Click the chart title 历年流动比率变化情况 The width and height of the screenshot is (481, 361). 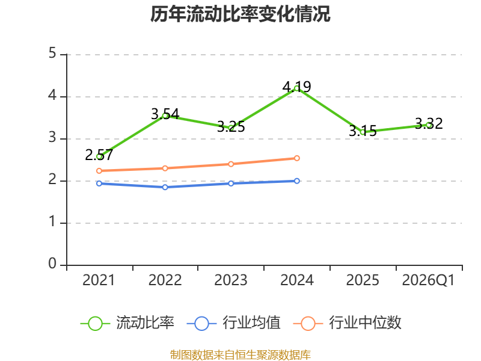[240, 14]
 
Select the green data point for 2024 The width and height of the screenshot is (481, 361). [296, 88]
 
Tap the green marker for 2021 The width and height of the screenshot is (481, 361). [99, 157]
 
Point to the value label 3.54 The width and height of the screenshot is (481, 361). [165, 114]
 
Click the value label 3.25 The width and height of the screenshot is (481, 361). [231, 126]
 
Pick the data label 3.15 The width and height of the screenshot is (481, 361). [363, 131]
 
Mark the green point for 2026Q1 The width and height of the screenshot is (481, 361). [429, 125]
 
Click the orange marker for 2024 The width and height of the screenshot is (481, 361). [296, 158]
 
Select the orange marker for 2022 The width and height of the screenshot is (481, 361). [165, 168]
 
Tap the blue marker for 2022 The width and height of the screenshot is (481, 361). [165, 187]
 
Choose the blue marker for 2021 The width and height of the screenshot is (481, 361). [99, 184]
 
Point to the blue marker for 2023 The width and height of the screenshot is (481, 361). [231, 184]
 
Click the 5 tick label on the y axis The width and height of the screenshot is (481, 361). [52, 53]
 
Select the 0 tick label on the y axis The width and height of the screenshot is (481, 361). [52, 264]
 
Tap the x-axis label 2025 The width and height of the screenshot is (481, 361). [363, 280]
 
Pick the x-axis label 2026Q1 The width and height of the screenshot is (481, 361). [428, 280]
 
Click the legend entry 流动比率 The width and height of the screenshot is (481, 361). [127, 323]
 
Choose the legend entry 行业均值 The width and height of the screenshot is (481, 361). [233, 323]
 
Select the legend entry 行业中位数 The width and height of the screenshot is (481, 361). [348, 323]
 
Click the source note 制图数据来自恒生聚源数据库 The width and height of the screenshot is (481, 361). [240, 355]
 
